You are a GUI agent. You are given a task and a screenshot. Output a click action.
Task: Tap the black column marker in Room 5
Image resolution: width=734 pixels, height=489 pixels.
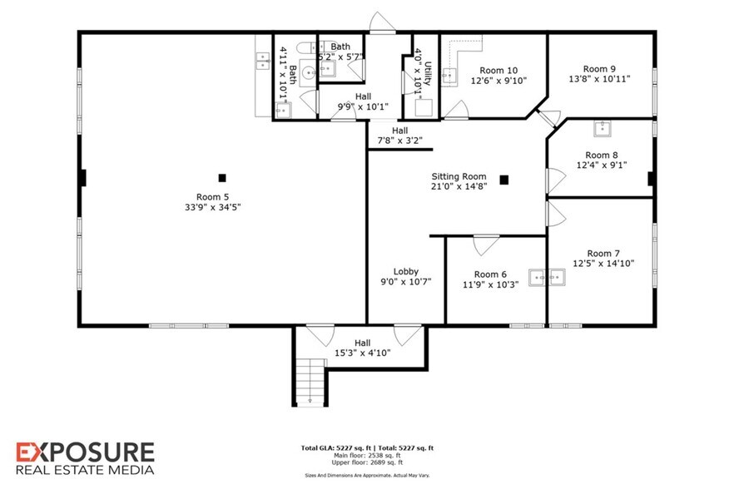coord(223,177)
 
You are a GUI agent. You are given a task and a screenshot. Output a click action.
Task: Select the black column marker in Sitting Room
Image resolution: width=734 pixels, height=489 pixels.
coord(503,179)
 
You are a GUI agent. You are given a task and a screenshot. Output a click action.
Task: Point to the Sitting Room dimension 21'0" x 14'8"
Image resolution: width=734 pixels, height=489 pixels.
coord(458,187)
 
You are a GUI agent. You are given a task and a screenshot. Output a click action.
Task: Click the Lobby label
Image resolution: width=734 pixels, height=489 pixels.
coord(406,271)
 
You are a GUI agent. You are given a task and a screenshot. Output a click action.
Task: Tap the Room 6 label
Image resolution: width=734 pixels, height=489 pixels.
coord(490,274)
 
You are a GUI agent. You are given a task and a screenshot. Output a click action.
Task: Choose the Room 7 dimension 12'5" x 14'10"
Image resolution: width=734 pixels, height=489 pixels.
coord(603,264)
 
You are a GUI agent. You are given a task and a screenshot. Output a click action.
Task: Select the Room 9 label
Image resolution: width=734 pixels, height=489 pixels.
coord(599,69)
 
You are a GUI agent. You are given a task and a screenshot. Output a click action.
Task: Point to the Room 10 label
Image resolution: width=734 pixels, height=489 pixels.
coord(498,70)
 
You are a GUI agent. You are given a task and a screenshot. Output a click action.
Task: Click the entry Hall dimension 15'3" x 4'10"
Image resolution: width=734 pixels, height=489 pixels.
coord(362,353)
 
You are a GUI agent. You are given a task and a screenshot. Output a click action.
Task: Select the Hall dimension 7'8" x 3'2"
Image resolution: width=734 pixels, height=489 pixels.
coord(399,141)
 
